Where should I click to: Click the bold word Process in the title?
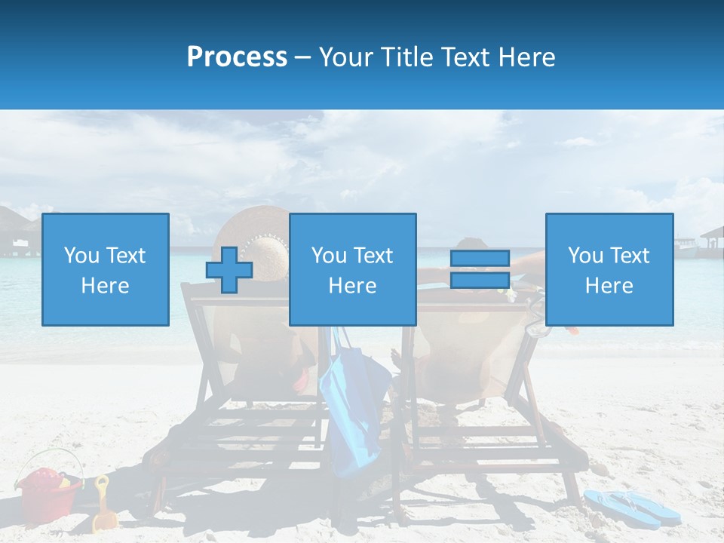pos(237,57)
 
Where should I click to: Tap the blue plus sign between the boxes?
pos(229,270)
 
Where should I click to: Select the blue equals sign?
pos(480,269)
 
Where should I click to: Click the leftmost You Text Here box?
pos(106,269)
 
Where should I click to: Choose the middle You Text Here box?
pos(353,269)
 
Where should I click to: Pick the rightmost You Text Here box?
pos(609,269)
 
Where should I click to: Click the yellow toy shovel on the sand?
pos(103,505)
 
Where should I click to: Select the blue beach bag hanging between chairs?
pos(351,407)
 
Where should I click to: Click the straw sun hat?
pos(259,226)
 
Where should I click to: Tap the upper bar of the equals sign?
pos(480,259)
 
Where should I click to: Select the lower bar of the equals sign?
pos(480,281)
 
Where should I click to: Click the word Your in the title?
pos(346,57)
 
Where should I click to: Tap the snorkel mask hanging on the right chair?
pos(537,321)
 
